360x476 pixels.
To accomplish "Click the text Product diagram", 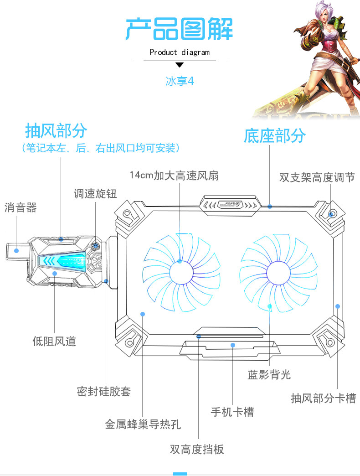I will [x=180, y=52].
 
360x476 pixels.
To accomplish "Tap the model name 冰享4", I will [x=180, y=82].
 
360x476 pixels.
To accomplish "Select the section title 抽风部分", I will [x=56, y=130].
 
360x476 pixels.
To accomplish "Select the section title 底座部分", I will [x=274, y=135].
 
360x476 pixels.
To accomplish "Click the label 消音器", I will [x=21, y=208].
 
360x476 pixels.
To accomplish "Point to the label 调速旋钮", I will [x=95, y=194].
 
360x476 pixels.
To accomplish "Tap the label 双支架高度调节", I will [x=317, y=177].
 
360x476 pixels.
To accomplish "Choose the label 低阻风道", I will [x=54, y=341].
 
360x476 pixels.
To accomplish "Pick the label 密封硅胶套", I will [x=104, y=391].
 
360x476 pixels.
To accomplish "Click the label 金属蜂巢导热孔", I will [x=143, y=424].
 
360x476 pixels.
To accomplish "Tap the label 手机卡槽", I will [x=232, y=412].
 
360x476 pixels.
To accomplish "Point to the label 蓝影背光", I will [x=269, y=375].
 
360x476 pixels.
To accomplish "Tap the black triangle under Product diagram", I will [x=179, y=65].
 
